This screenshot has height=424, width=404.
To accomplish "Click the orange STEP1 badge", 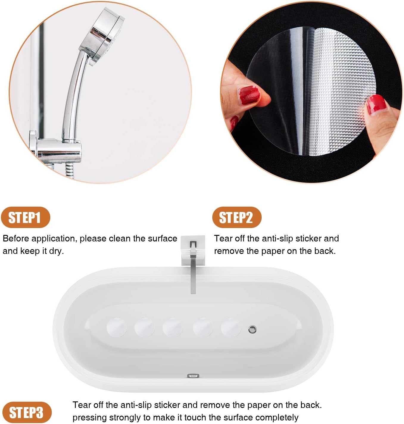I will (25, 217).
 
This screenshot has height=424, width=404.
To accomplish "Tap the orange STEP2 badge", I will (237, 217).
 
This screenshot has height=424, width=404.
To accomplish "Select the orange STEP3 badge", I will (26, 412).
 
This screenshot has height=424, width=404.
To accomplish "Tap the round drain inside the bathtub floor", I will (252, 329).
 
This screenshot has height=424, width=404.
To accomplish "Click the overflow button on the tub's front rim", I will (193, 376).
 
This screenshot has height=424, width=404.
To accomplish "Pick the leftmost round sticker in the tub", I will (117, 327).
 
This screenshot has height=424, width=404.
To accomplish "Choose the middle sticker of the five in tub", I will (173, 327).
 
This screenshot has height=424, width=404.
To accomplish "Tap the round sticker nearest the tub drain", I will (231, 327).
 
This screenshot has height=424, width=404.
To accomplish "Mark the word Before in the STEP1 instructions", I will (16, 238).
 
